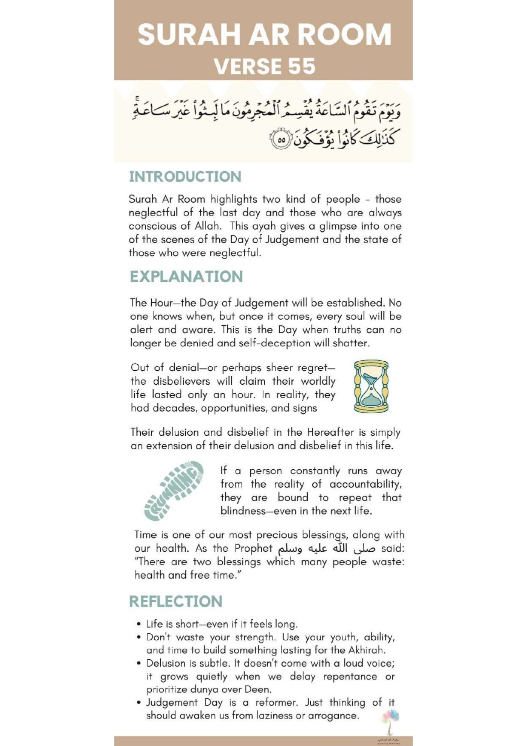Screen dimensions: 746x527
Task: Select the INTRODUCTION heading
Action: (x=185, y=177)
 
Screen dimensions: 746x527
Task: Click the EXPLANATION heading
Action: (x=186, y=277)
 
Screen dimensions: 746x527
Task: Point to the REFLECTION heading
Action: (x=176, y=601)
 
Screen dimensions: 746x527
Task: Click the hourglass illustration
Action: (x=371, y=386)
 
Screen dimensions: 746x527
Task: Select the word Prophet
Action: (x=253, y=548)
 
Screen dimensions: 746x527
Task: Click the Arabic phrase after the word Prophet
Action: (x=326, y=548)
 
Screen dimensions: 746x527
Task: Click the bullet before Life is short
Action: (x=139, y=624)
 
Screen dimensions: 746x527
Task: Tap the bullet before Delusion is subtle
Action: (x=139, y=664)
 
